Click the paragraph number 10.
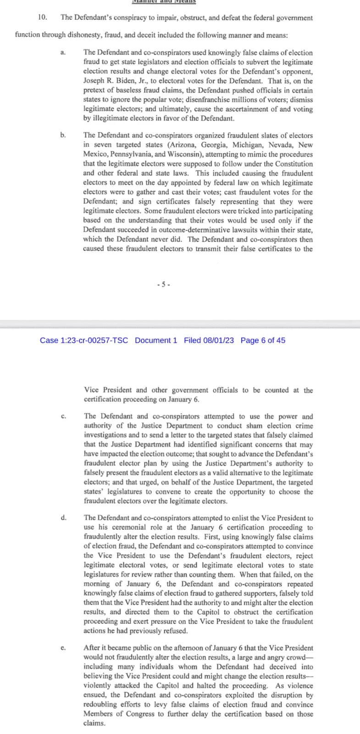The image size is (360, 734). [x=42, y=18]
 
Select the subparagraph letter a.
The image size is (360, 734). [x=63, y=53]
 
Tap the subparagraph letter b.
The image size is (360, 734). [x=63, y=135]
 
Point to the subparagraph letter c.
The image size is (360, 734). [x=63, y=417]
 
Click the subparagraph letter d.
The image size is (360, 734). [x=63, y=518]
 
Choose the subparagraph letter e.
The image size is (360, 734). [x=63, y=648]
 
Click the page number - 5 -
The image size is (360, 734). [x=163, y=284]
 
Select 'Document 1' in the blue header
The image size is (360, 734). [x=156, y=340]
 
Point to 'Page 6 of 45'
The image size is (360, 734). [x=263, y=340]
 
